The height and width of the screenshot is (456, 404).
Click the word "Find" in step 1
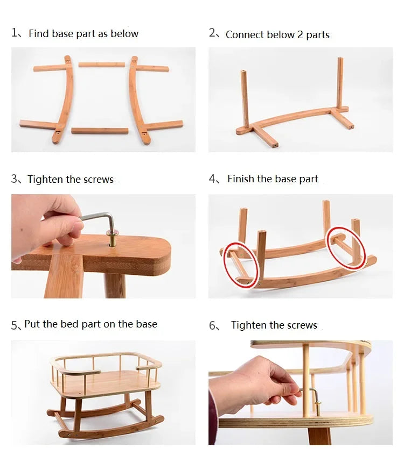(38, 33)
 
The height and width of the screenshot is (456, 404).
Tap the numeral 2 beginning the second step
(212, 33)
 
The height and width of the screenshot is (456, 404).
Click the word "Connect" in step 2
(245, 34)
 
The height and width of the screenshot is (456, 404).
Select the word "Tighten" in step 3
(45, 179)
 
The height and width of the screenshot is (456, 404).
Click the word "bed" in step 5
(69, 324)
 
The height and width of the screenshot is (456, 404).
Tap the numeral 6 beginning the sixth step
(212, 325)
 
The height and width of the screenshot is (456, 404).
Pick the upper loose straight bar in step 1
(102, 65)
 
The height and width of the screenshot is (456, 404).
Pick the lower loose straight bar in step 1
(100, 131)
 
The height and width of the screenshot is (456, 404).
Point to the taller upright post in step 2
(340, 83)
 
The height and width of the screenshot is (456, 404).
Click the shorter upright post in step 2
(245, 99)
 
